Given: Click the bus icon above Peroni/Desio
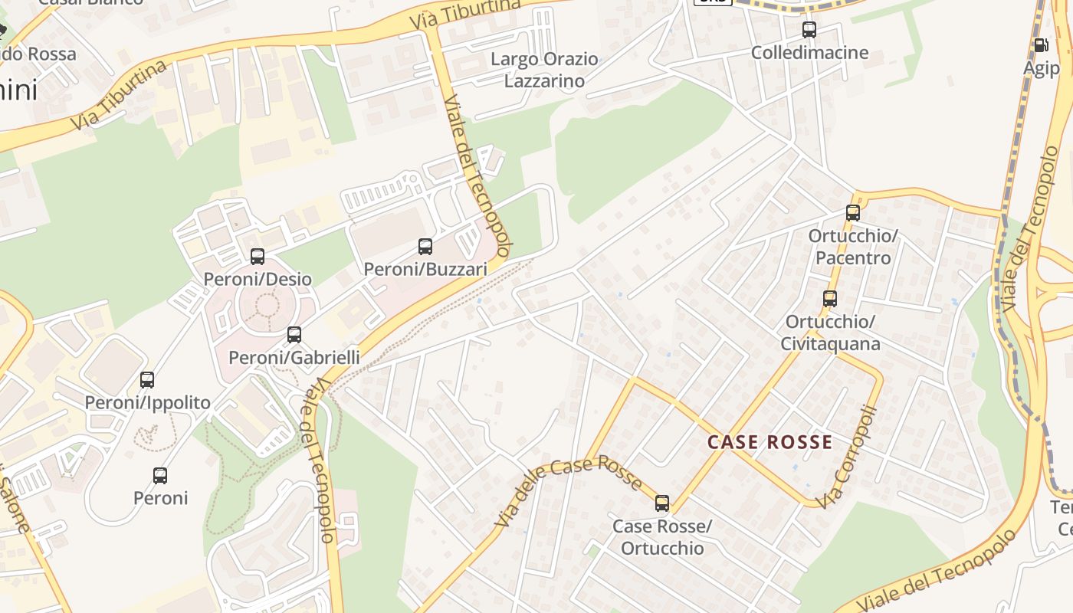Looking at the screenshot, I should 258,257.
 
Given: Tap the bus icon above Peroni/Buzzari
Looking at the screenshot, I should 425,247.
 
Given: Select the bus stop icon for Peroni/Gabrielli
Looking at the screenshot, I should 294,335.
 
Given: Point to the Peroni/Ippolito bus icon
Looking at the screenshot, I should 147,379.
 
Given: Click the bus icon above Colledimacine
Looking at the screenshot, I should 809,31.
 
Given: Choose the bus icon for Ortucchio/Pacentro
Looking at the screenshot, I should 853,213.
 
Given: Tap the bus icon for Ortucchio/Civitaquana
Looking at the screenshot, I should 830,299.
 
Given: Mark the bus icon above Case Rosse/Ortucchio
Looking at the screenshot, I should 662,503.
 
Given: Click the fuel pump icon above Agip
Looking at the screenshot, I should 1041,45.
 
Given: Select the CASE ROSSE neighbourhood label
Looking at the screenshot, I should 769,442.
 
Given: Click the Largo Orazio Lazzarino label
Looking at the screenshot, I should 544,70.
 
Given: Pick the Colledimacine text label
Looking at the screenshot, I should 809,53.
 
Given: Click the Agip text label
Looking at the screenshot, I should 1041,67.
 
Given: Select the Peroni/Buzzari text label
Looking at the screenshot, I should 425,269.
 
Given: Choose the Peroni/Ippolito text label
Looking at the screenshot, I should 147,402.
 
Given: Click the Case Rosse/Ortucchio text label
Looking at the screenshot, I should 662,537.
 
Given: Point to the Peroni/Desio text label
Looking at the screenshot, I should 258,279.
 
